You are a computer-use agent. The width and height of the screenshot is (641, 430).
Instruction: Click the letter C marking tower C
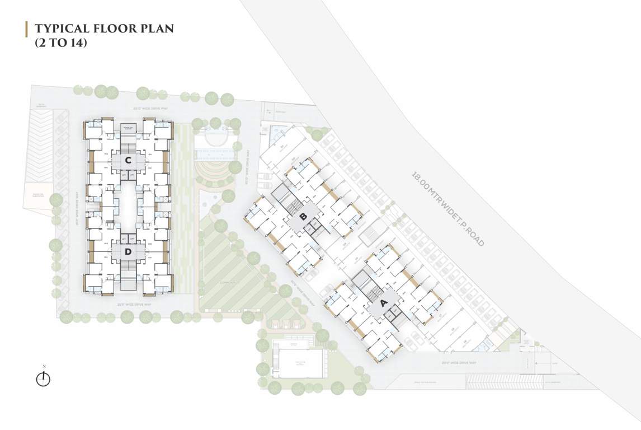click(x=128, y=161)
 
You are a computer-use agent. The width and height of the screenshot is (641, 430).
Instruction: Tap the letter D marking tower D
click(x=128, y=252)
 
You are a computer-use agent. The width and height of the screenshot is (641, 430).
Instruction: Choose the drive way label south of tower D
click(x=134, y=304)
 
